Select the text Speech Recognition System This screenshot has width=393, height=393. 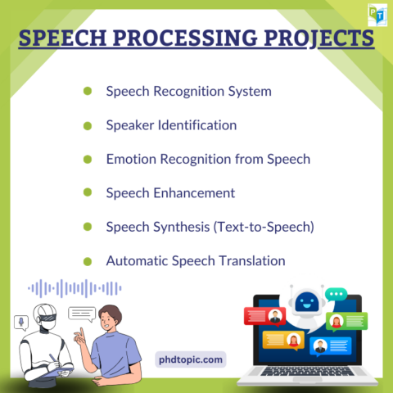[x=188, y=91]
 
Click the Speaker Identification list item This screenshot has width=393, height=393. [x=171, y=125]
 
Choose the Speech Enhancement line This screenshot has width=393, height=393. [x=170, y=192]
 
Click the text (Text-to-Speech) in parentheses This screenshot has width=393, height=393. [x=264, y=227]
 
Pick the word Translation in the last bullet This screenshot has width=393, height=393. [x=249, y=260]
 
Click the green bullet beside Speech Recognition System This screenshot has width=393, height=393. [x=88, y=91]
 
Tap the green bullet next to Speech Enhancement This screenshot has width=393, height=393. [x=88, y=193]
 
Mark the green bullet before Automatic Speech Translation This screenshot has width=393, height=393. [x=88, y=261]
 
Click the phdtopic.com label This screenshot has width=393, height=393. [x=190, y=359]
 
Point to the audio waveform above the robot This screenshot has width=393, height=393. [x=75, y=288]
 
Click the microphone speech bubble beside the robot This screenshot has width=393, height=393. [x=17, y=321]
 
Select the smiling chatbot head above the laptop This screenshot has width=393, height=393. [x=305, y=302]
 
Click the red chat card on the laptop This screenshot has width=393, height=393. [x=264, y=315]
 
